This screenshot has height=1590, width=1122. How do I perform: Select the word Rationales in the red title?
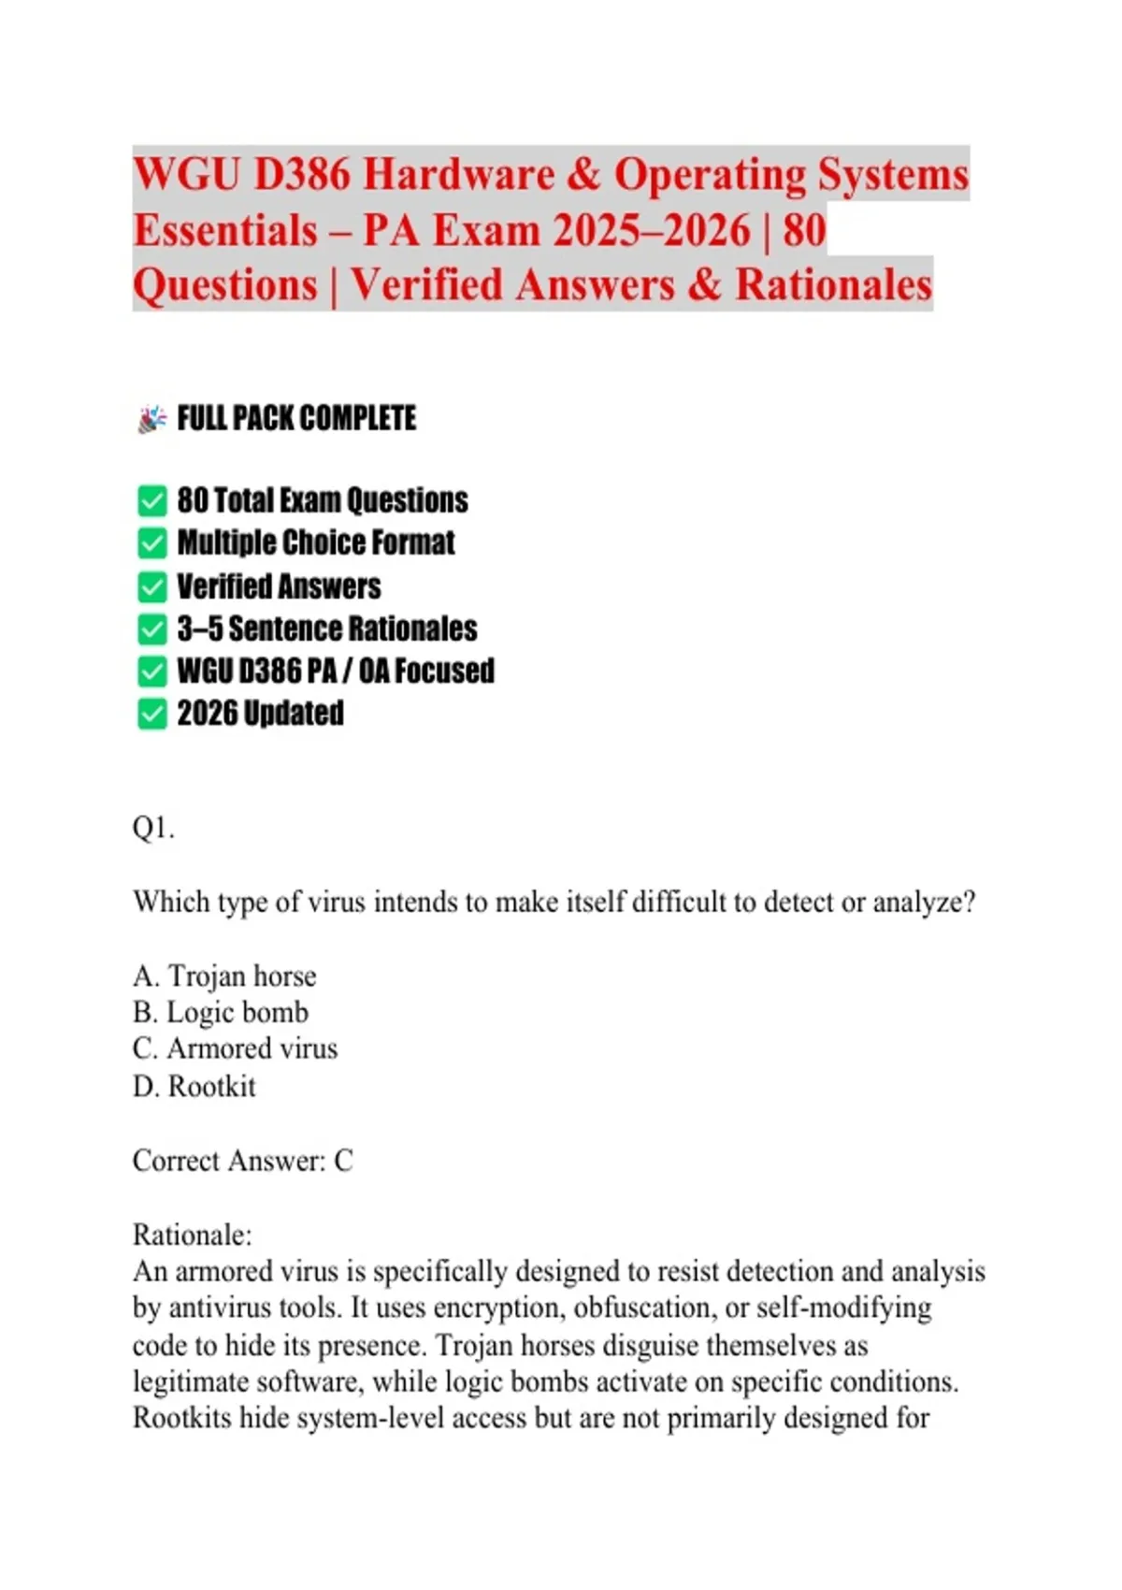pyautogui.click(x=834, y=285)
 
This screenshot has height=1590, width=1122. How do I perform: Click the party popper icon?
pyautogui.click(x=151, y=418)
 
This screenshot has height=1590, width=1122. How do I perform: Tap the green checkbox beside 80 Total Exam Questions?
pyautogui.click(x=151, y=500)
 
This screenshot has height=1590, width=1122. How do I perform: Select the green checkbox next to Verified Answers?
pyautogui.click(x=151, y=586)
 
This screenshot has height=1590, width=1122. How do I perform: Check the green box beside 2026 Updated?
pyautogui.click(x=151, y=714)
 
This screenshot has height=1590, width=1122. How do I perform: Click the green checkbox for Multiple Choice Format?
pyautogui.click(x=151, y=542)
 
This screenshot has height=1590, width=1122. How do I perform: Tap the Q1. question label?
pyautogui.click(x=153, y=828)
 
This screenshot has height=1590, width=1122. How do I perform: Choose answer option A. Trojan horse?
pyautogui.click(x=224, y=976)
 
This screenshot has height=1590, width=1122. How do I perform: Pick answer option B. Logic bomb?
pyautogui.click(x=221, y=1012)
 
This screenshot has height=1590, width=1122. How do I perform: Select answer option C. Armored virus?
pyautogui.click(x=235, y=1048)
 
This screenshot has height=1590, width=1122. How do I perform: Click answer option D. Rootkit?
pyautogui.click(x=194, y=1086)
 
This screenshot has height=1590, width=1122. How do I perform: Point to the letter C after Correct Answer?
pyautogui.click(x=343, y=1161)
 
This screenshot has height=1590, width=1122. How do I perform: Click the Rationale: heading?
pyautogui.click(x=192, y=1235)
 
